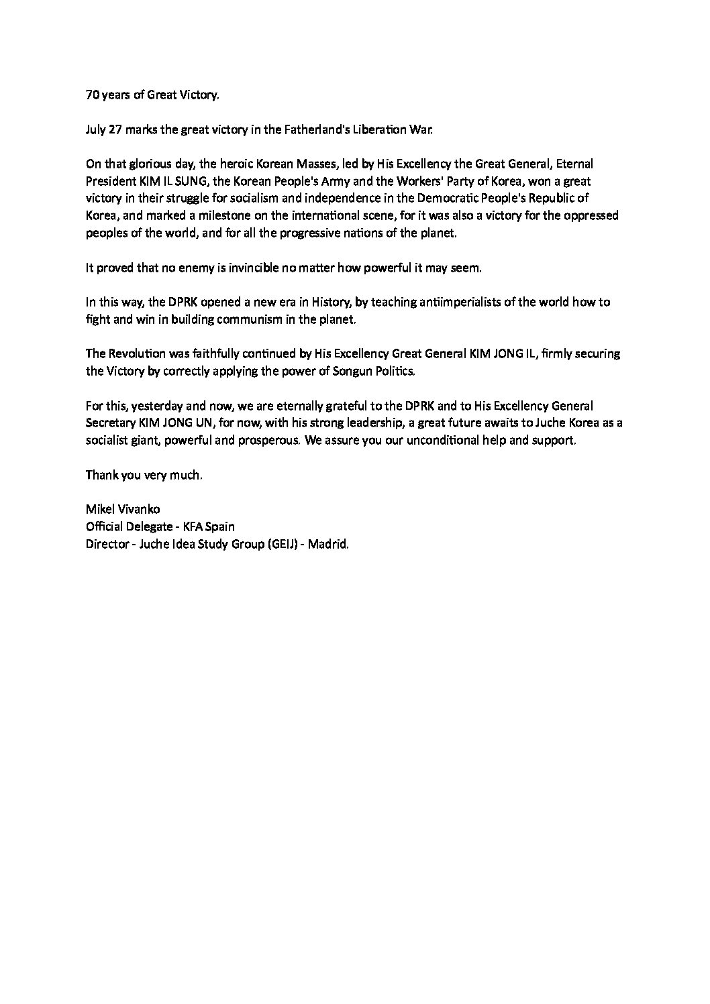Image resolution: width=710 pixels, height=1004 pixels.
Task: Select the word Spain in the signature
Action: click(219, 526)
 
